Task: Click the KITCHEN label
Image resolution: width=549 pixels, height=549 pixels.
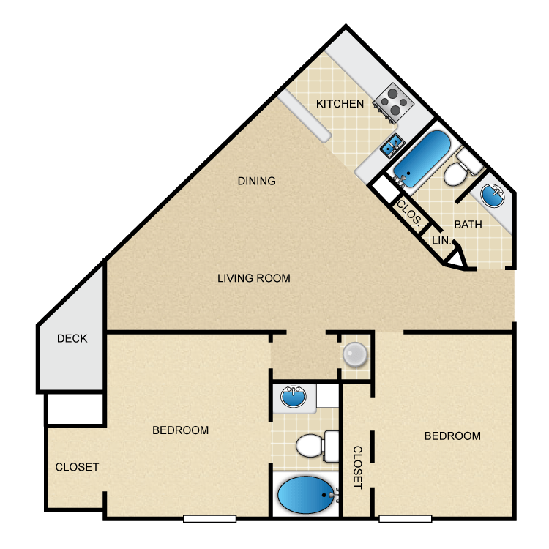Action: click(x=340, y=104)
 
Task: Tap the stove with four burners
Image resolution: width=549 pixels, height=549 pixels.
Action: click(x=392, y=102)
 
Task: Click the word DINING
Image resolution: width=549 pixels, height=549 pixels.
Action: click(x=256, y=181)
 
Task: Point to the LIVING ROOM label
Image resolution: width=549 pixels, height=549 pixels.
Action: click(x=254, y=278)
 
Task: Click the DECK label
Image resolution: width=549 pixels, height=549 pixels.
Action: click(x=72, y=338)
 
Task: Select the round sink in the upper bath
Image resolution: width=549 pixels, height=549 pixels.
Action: click(x=493, y=195)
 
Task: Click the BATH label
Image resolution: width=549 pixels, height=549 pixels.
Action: click(x=468, y=225)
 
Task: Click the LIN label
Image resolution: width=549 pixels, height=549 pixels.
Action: click(x=439, y=240)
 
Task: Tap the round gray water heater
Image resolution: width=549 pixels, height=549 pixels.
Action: click(x=355, y=354)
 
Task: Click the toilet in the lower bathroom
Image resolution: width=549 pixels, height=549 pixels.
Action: click(x=315, y=445)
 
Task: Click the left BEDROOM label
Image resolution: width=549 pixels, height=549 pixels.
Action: click(x=180, y=430)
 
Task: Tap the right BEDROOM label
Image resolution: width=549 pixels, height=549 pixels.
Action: click(x=452, y=436)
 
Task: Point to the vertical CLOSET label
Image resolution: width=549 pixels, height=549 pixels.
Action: click(x=358, y=467)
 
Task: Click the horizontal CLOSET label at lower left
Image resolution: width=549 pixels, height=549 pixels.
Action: click(x=77, y=467)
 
